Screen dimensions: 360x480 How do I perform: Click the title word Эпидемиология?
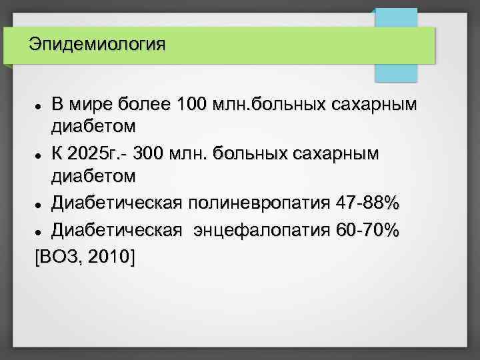tap(97, 45)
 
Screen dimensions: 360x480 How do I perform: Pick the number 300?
tap(151, 155)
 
